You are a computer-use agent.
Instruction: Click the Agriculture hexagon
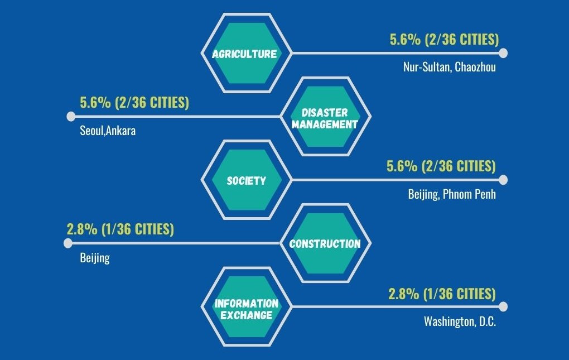coord(245,54)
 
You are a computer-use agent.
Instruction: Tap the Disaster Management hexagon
coord(324,117)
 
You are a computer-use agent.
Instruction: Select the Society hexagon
coord(246,180)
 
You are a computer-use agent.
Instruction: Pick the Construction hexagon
coord(325,243)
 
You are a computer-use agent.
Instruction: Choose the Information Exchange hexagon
coord(246,309)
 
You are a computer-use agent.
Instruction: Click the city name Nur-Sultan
coord(426,68)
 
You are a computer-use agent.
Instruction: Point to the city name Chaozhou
coord(475,68)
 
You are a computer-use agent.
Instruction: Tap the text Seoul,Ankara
coord(108,131)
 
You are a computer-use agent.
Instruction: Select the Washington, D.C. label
coord(460,321)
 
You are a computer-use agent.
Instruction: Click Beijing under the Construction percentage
coord(95,258)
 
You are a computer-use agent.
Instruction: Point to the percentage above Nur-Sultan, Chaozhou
coord(444,40)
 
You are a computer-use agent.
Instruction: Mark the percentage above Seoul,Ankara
coord(134,103)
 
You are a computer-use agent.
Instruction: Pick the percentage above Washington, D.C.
coord(442,294)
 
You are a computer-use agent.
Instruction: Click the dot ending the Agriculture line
coord(503,54)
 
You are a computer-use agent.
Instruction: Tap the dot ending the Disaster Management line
coord(71,117)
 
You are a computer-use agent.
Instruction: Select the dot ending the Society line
coord(503,180)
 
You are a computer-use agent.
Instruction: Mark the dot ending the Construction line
coord(68,243)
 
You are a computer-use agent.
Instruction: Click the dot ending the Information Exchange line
coord(503,306)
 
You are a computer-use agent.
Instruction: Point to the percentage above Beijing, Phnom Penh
coord(441,166)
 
